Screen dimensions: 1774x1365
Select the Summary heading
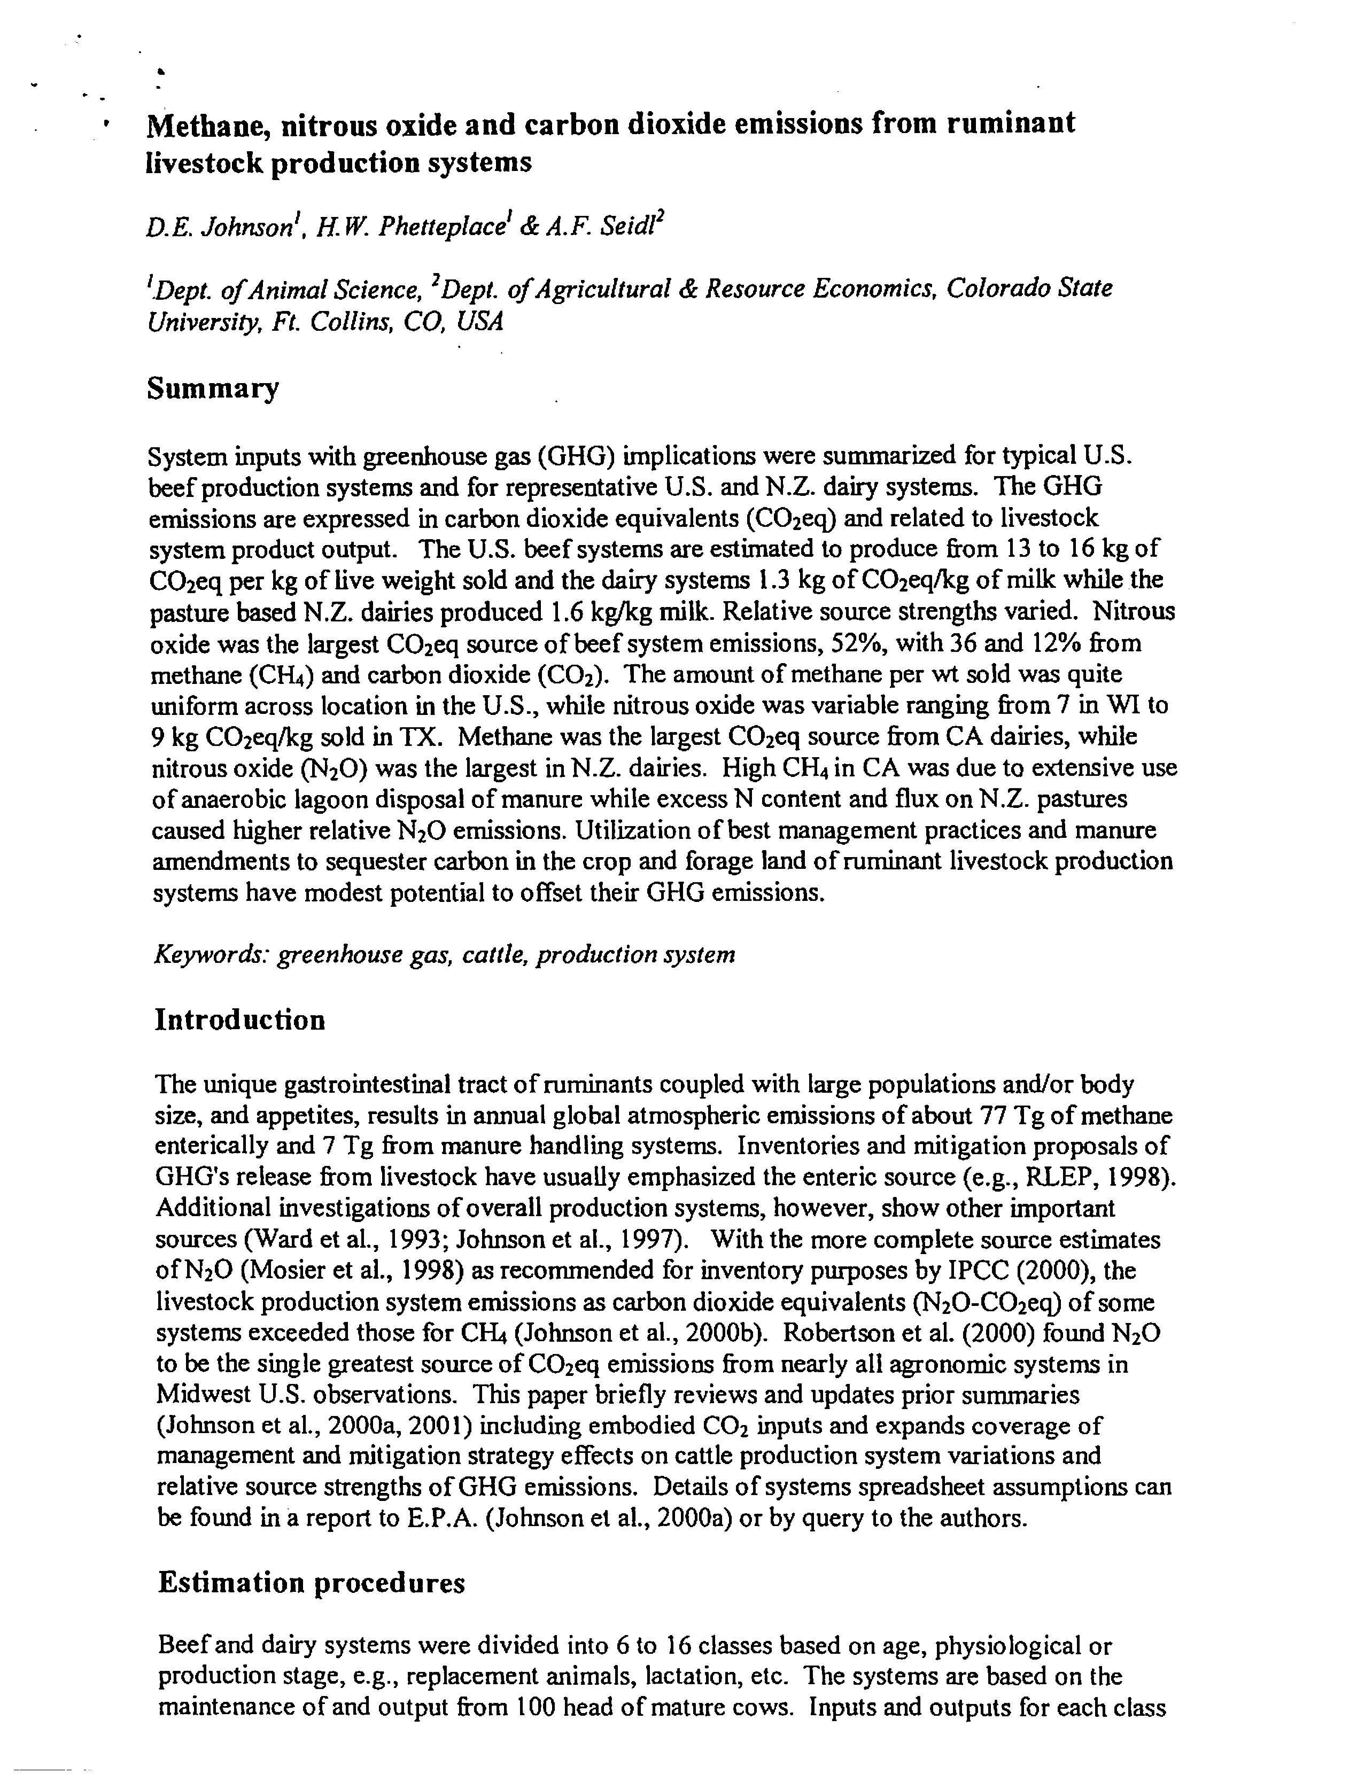[212, 388]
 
